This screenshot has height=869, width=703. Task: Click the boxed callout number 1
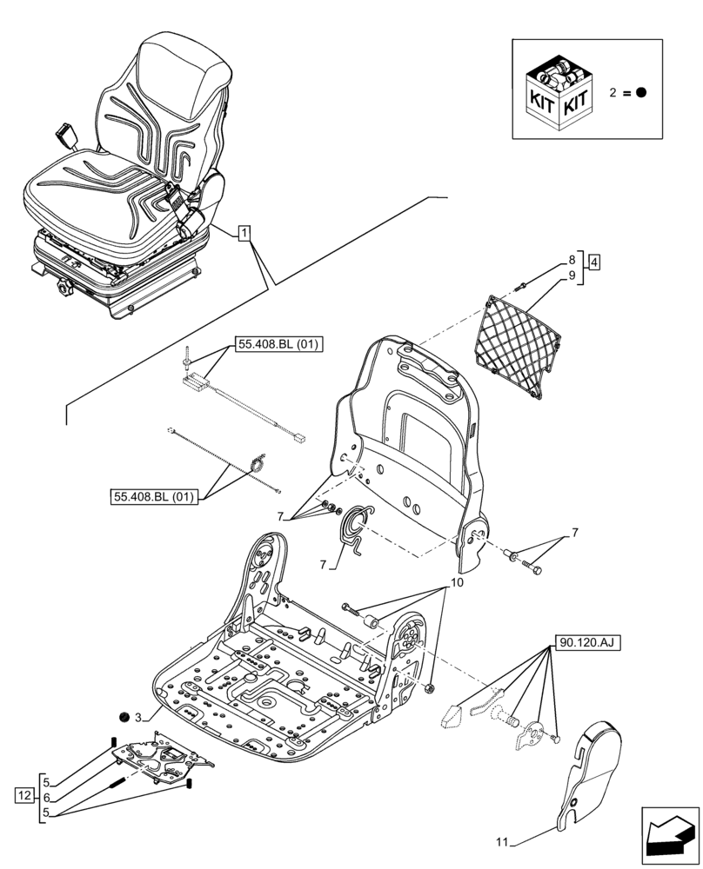point(244,233)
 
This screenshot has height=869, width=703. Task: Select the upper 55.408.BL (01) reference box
point(278,345)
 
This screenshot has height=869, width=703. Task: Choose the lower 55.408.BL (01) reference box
point(156,497)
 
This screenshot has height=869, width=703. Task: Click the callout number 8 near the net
point(572,258)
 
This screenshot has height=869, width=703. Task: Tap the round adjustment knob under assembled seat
point(66,284)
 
